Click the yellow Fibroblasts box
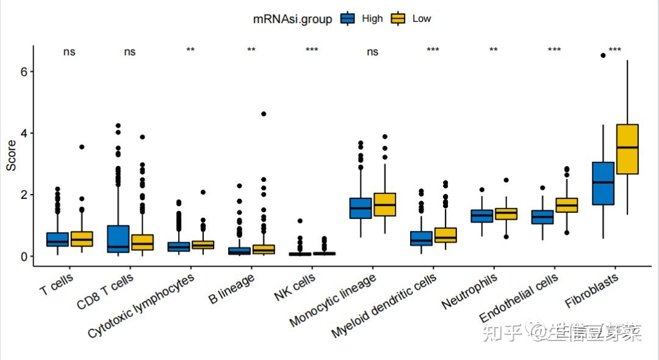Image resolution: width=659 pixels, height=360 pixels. [627, 149]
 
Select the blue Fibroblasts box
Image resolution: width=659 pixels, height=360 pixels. [603, 183]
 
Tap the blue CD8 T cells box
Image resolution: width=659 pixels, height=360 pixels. [118, 239]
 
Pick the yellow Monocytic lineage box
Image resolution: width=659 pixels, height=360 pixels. [384, 204]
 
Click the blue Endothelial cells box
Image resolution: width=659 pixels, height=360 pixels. [542, 217]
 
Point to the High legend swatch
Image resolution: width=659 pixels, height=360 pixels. [348, 19]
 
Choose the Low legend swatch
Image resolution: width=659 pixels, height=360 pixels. [398, 19]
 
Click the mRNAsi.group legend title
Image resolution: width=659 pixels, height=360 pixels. [292, 19]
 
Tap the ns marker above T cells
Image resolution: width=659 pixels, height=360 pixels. [69, 52]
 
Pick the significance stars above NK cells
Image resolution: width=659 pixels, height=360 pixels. [312, 50]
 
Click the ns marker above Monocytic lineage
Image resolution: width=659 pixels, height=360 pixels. [372, 52]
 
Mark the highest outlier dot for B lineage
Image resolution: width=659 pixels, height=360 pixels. [263, 114]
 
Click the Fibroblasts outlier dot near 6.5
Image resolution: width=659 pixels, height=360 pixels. [603, 56]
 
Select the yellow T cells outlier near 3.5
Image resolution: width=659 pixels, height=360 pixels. [82, 147]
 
